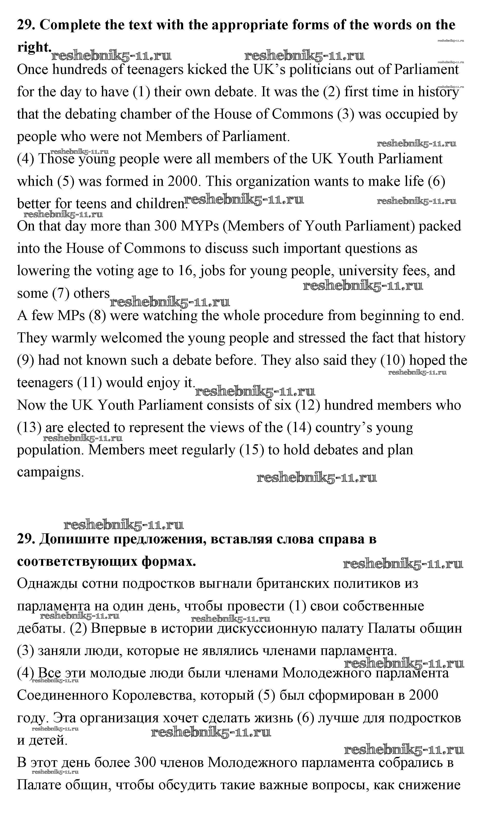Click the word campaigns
[x=50, y=472]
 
